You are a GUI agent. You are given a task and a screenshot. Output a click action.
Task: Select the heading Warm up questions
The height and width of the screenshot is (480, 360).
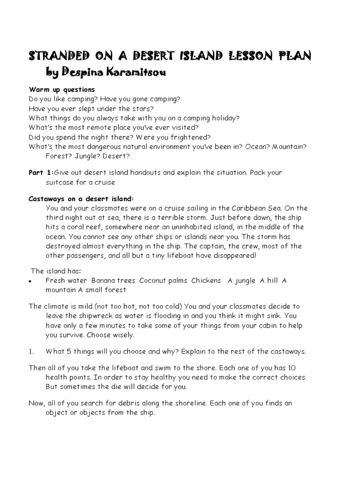pyautogui.click(x=62, y=90)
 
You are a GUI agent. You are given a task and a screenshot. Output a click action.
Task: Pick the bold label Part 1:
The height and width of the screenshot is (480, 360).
pyautogui.click(x=41, y=172)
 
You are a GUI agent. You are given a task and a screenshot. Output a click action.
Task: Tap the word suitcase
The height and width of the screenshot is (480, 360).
pyautogui.click(x=62, y=182)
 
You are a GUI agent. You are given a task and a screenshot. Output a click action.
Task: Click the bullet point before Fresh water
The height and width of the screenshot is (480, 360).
pyautogui.click(x=30, y=281)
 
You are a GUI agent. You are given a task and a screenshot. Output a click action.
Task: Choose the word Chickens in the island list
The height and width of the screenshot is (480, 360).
pyautogui.click(x=206, y=280)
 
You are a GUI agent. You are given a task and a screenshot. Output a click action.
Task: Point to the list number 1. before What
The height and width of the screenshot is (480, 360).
pyautogui.click(x=31, y=352)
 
